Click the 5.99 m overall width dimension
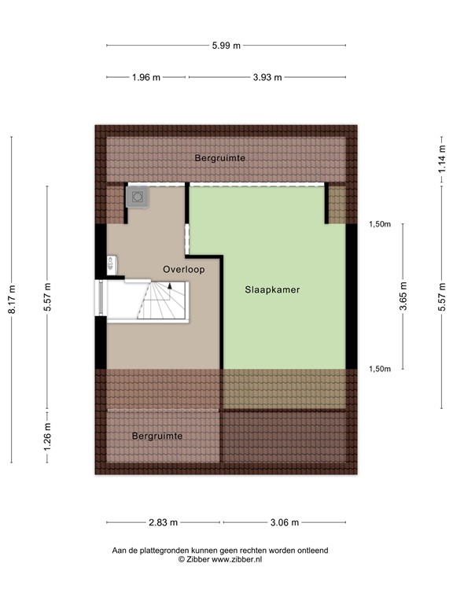226,45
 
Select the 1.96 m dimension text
146,77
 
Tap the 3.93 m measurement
267,77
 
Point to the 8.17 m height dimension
11,300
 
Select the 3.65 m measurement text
403,297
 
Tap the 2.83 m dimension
164,522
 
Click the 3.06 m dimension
285,522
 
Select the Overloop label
183,270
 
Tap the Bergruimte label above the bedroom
220,158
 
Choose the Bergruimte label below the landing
157,435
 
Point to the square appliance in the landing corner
138,197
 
